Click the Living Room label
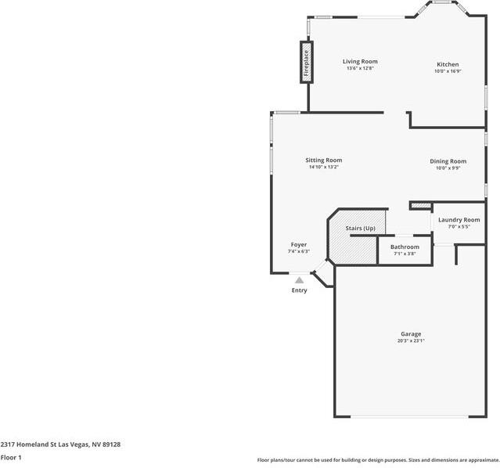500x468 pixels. tap(360, 61)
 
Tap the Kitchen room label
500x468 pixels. tap(448, 64)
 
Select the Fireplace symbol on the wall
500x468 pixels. tap(306, 63)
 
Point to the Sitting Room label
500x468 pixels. tap(323, 160)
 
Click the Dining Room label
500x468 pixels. tap(448, 161)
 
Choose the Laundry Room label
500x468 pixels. tap(459, 220)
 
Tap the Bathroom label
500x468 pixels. tap(405, 247)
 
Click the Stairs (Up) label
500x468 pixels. tap(361, 228)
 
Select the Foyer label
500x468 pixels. tap(299, 244)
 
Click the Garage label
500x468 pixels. tap(411, 334)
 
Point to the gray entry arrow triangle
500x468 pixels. tap(299, 279)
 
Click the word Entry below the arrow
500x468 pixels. tap(299, 290)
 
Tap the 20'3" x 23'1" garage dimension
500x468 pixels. tap(411, 341)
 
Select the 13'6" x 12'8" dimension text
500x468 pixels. tap(360, 68)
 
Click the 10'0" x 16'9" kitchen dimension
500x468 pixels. tap(448, 71)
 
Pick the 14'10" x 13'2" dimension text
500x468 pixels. tap(323, 167)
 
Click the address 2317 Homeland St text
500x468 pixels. tap(60, 444)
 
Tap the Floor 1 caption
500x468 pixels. tap(11, 457)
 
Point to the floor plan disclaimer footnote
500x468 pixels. tap(378, 460)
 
